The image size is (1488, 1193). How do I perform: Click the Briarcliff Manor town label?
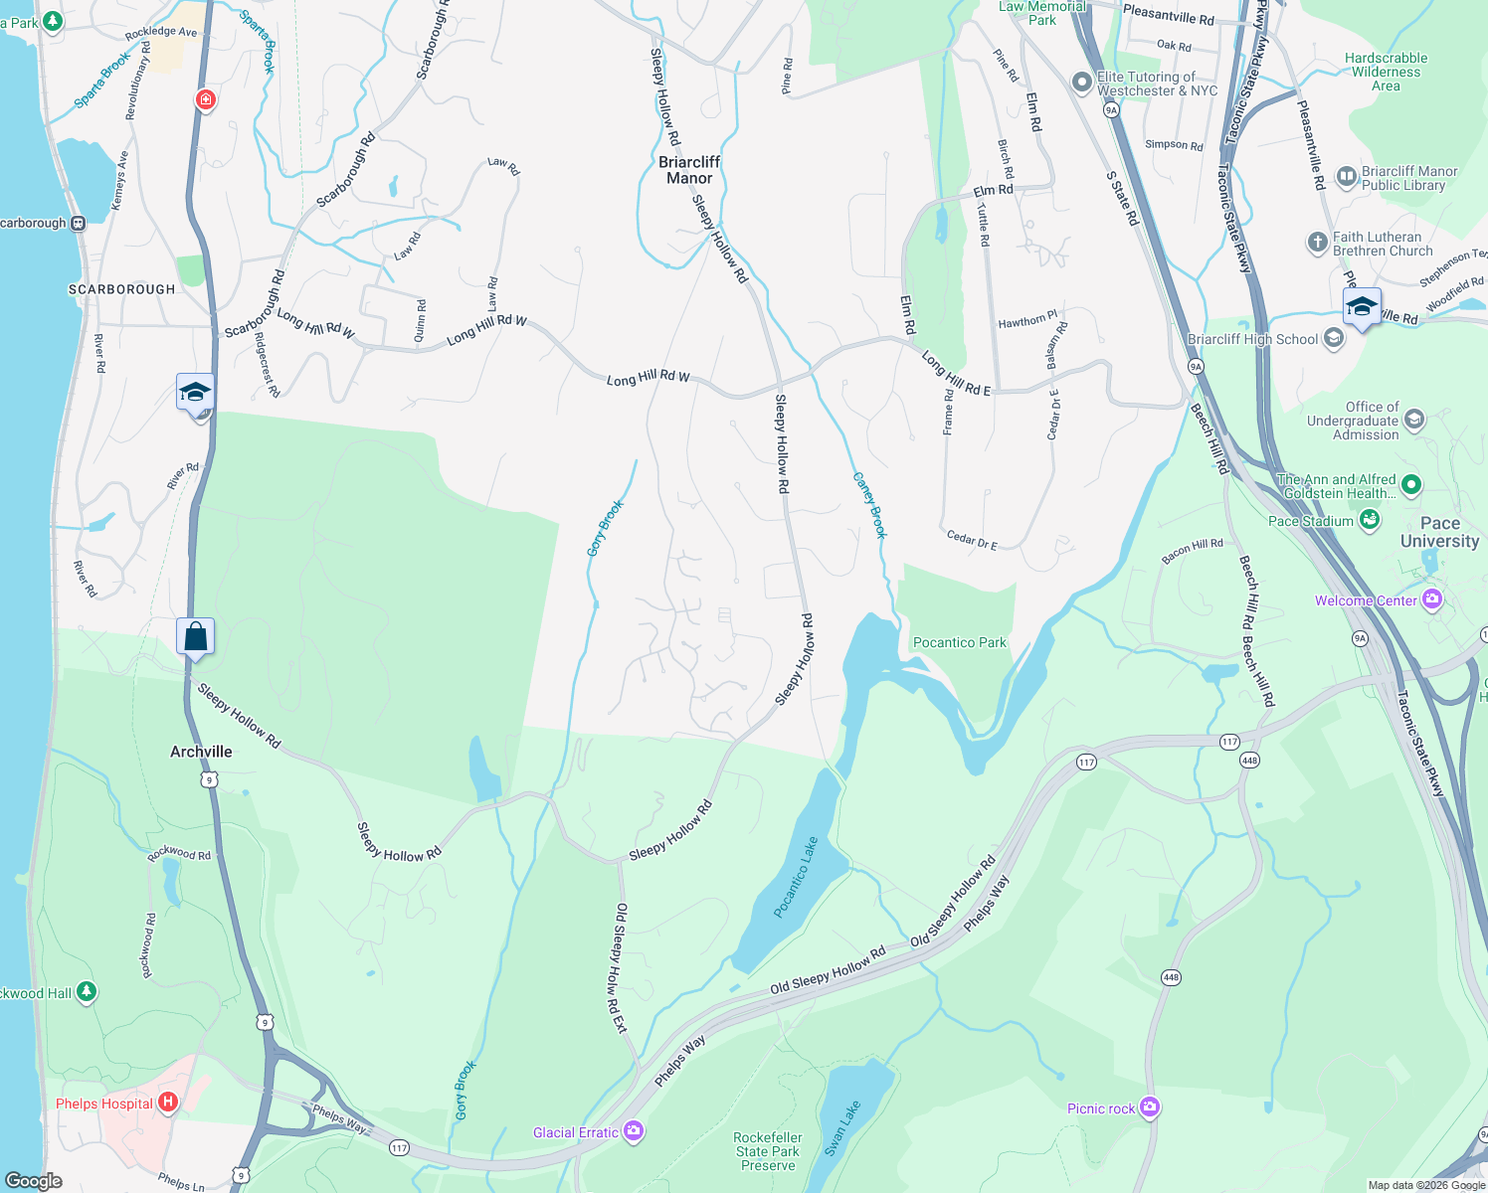689,170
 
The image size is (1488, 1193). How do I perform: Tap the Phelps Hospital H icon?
168,1102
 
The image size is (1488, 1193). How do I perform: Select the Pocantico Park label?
959,642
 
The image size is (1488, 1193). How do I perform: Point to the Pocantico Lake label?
796,877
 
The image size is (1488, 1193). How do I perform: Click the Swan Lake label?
841,1128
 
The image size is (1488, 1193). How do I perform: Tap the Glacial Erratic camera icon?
634,1131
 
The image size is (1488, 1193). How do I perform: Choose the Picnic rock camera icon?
1150,1108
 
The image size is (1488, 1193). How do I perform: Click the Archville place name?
201,752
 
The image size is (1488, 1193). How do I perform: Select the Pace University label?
1439,532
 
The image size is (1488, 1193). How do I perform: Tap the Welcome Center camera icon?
1432,599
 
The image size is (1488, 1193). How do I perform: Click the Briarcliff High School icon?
1334,339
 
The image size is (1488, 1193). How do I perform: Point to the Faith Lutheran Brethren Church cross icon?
1317,243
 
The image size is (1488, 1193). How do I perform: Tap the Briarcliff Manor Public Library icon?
1346,177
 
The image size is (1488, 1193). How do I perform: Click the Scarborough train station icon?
79,223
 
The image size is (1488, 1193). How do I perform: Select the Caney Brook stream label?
869,505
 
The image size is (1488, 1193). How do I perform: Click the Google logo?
34,1180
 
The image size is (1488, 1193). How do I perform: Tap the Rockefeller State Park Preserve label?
768,1151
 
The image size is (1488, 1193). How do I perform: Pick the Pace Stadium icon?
1370,520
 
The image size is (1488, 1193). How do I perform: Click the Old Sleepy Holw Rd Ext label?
620,968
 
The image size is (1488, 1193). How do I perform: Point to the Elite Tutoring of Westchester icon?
1082,83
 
